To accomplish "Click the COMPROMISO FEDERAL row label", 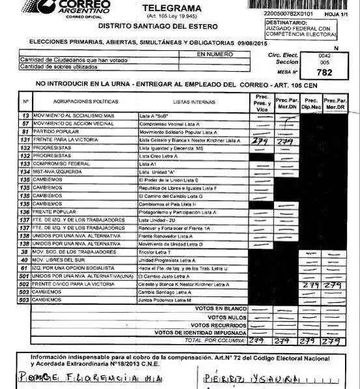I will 65,165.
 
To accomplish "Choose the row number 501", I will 25,276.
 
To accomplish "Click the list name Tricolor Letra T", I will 156,252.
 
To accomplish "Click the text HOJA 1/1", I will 333,13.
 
